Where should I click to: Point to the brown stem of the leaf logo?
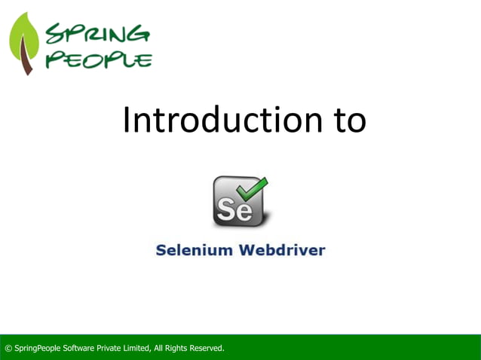[27, 63]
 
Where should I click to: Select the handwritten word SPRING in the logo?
[97, 35]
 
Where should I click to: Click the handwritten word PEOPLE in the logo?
[98, 59]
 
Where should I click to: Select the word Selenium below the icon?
[194, 250]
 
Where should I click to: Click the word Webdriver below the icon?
[282, 250]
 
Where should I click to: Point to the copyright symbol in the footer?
[8, 348]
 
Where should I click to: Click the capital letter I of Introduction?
[127, 121]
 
